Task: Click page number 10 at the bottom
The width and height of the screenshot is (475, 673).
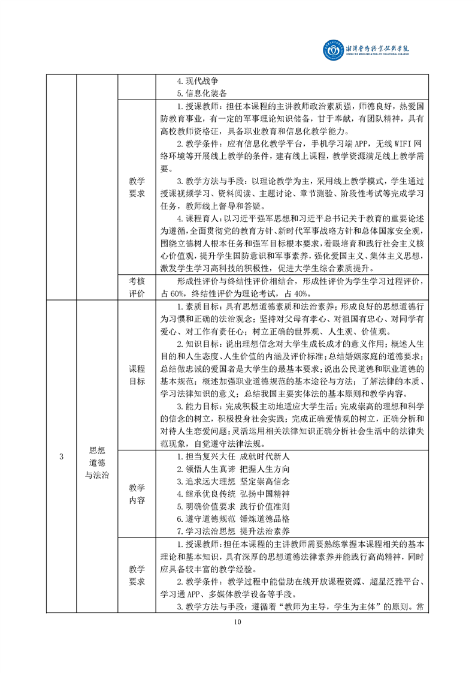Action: [x=238, y=621]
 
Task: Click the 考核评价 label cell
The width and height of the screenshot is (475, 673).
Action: [x=137, y=287]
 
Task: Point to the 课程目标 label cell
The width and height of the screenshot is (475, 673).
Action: [x=137, y=375]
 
